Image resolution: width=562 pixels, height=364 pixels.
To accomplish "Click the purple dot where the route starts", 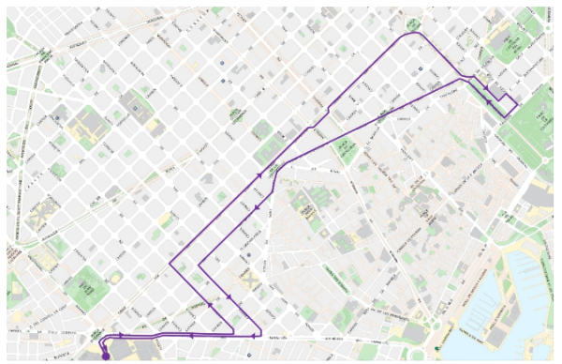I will pyautogui.click(x=106, y=356).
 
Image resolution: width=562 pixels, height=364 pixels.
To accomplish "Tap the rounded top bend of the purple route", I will pyautogui.click(x=413, y=34).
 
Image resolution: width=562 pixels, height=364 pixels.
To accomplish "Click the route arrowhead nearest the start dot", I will pyautogui.click(x=121, y=335).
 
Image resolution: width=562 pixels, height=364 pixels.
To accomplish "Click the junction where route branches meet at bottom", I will pyautogui.click(x=255, y=335).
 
